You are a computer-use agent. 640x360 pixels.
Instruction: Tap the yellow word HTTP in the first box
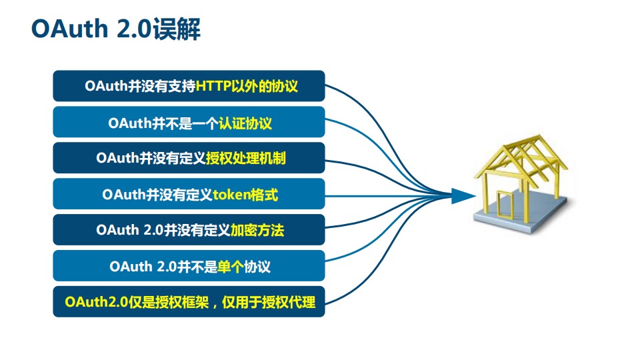click(215, 86)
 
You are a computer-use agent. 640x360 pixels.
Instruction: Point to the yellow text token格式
click(245, 195)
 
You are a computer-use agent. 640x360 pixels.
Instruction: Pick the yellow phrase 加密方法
click(257, 231)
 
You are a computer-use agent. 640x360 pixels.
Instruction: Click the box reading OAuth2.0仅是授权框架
click(189, 302)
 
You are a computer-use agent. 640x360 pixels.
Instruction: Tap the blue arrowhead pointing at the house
click(461, 195)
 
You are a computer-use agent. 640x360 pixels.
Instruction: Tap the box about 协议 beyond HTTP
click(189, 86)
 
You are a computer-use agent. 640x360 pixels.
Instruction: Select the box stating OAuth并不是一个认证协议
click(189, 123)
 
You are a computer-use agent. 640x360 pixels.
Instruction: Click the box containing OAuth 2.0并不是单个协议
click(189, 267)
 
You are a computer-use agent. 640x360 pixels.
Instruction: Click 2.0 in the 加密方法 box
click(153, 231)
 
